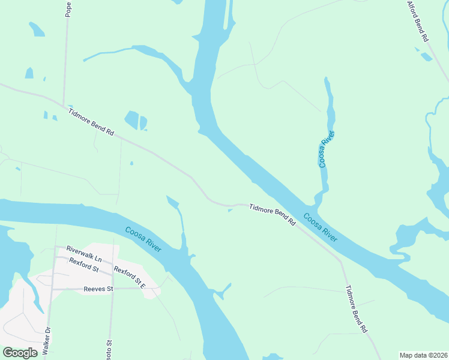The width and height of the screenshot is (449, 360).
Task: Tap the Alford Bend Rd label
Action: [418, 21]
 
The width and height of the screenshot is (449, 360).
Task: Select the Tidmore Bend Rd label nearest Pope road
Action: [91, 121]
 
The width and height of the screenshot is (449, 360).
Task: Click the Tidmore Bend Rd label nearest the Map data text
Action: [356, 310]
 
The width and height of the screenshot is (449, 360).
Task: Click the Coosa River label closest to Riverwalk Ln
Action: [143, 239]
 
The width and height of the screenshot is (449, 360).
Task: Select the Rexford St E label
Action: [130, 277]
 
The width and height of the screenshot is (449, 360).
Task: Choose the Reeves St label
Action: [98, 289]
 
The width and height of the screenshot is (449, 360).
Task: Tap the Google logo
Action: [20, 353]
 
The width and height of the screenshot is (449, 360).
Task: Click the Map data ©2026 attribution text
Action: [423, 355]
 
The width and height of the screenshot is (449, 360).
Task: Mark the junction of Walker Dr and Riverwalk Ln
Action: [55, 247]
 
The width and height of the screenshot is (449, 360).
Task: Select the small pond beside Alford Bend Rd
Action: [426, 57]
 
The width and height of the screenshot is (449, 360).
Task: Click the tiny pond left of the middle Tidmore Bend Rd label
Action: [230, 211]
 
